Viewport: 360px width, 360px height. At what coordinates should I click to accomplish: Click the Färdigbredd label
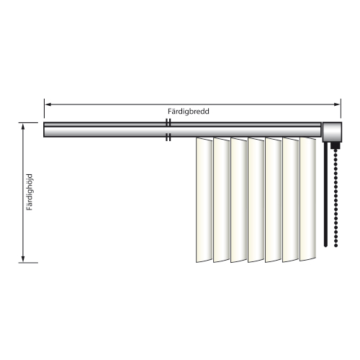pos(189,112)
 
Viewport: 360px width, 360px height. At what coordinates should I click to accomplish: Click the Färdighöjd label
pos(30,192)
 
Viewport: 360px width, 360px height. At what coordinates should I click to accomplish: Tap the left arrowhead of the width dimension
pos(48,104)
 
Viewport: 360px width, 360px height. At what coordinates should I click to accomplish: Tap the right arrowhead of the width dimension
pos(337,104)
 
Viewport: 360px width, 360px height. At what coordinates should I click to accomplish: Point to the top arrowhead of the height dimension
pos(23,127)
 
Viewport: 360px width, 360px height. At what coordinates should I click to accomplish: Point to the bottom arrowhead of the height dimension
pos(23,259)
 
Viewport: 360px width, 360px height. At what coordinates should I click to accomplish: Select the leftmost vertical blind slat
pos(204,200)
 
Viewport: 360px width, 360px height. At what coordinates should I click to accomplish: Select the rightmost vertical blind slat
pos(308,199)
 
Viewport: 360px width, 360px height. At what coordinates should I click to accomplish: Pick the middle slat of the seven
pos(256,200)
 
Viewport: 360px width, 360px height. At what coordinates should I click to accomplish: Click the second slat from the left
pos(222,200)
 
